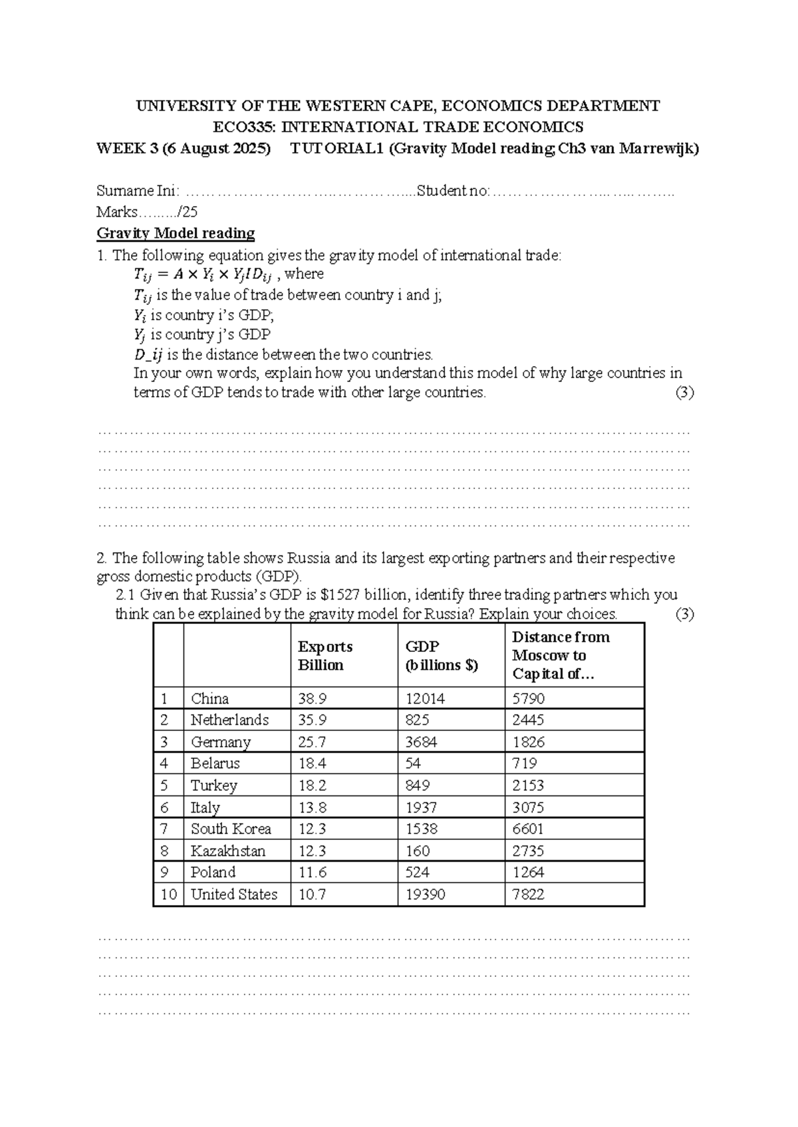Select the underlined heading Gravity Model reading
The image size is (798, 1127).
176,233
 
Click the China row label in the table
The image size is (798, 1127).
209,698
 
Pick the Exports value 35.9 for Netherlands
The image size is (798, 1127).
313,720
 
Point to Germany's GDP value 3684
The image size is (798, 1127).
422,742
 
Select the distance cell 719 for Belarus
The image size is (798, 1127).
525,763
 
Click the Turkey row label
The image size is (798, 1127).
213,785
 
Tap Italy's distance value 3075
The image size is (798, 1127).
528,807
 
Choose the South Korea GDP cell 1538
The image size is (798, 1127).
422,829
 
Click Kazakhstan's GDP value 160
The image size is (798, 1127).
418,851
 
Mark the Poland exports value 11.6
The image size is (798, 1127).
313,872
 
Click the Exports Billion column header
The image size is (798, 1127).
325,656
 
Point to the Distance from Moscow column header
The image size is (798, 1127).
560,655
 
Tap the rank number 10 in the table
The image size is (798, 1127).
168,894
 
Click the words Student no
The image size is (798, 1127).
452,191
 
